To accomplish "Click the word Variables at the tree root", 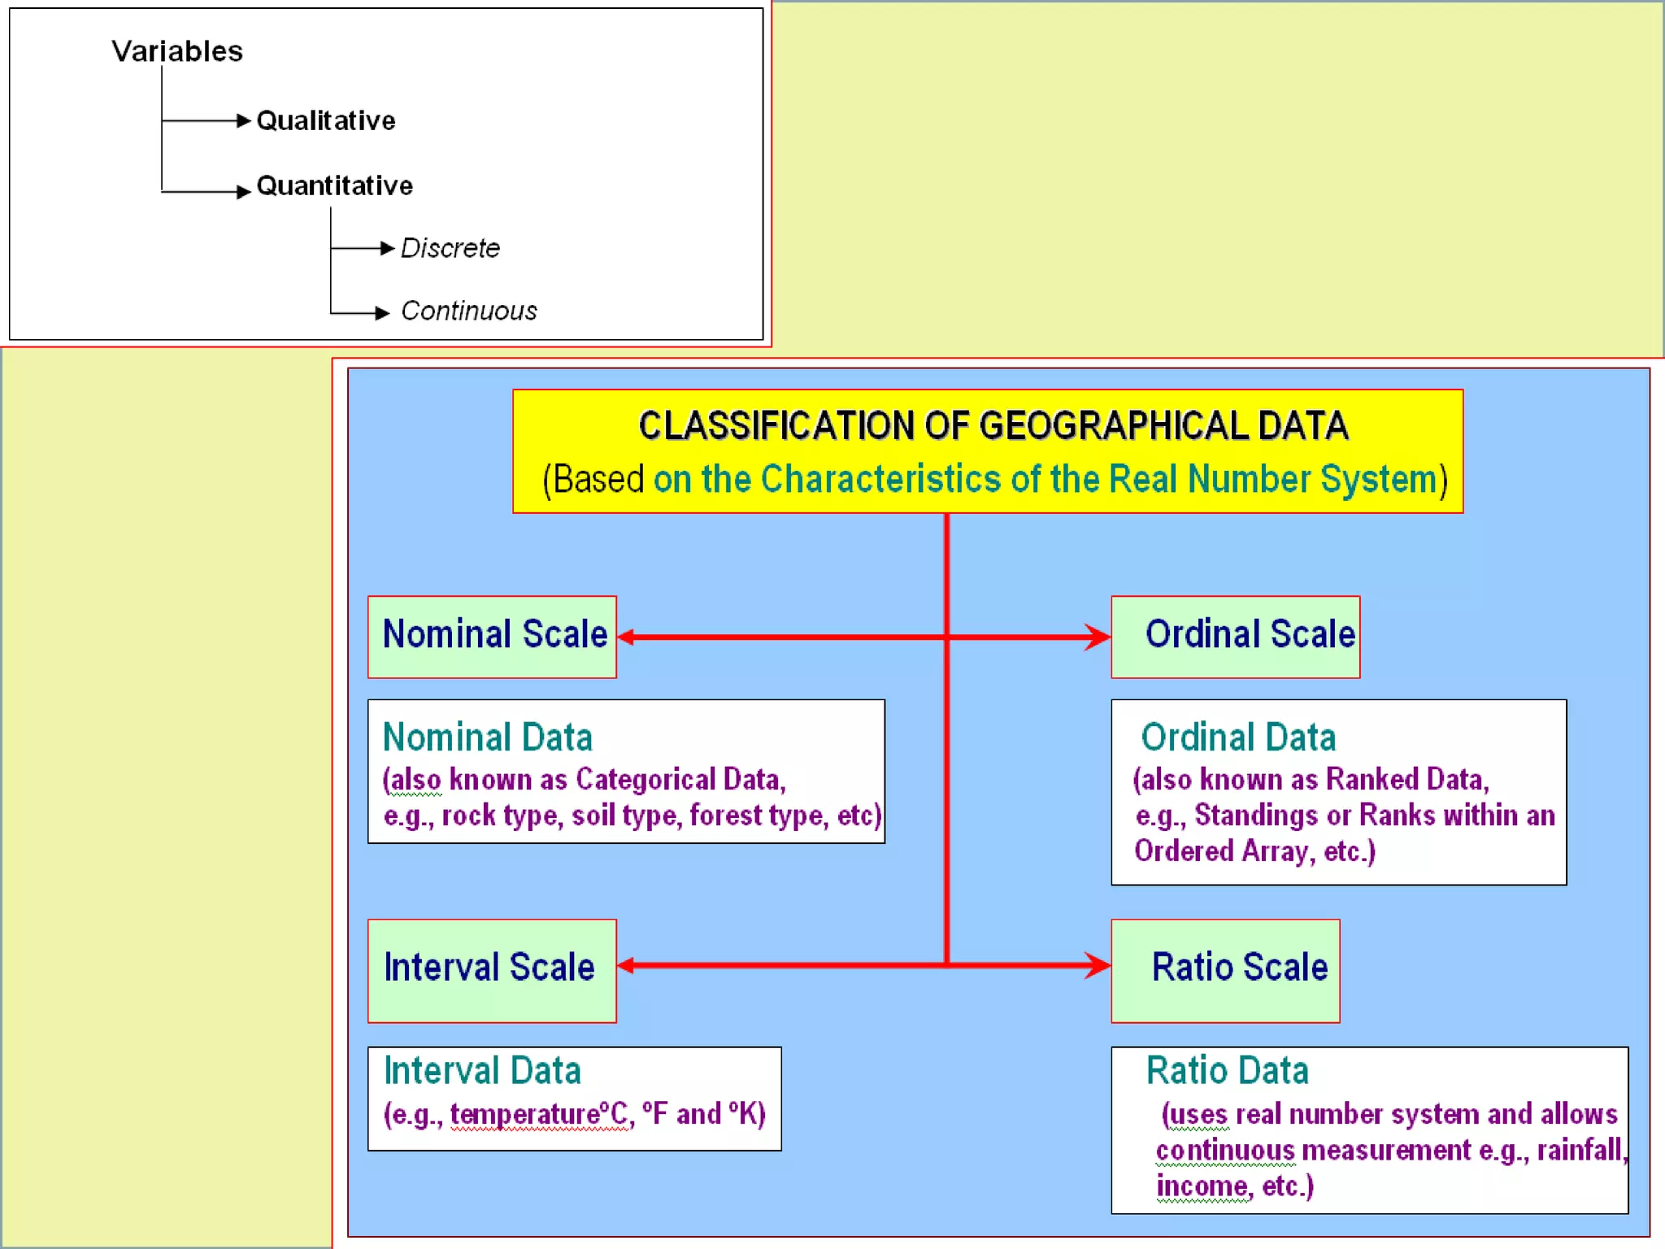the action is pyautogui.click(x=177, y=51).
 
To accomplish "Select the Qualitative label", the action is pyautogui.click(x=326, y=120).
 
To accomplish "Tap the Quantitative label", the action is pyautogui.click(x=334, y=185).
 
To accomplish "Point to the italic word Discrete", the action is pyautogui.click(x=450, y=248).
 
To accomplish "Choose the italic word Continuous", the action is pyautogui.click(x=469, y=311).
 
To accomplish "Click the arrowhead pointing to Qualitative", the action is pyautogui.click(x=243, y=120).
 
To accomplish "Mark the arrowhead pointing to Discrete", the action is pyautogui.click(x=388, y=248).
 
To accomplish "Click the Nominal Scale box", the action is pyautogui.click(x=492, y=636).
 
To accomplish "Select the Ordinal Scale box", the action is pyautogui.click(x=1235, y=636).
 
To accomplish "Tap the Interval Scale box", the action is pyautogui.click(x=492, y=969).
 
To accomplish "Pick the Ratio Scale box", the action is pyautogui.click(x=1225, y=969).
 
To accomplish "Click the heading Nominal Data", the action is pyautogui.click(x=487, y=738).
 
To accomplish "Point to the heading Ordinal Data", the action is pyautogui.click(x=1238, y=738).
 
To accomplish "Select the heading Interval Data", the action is pyautogui.click(x=482, y=1071).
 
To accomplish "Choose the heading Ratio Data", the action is pyautogui.click(x=1227, y=1071).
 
